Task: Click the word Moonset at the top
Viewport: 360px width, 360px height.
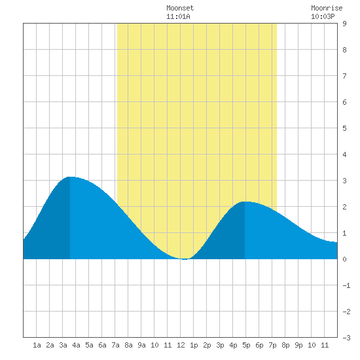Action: tap(180, 8)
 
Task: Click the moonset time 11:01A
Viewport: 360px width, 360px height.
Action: tap(178, 16)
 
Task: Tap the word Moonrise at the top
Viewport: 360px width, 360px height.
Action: tap(327, 8)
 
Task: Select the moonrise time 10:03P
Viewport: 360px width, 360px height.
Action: tap(323, 16)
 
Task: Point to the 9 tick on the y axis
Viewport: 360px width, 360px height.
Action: tap(344, 24)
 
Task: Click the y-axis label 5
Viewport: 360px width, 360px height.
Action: tap(344, 128)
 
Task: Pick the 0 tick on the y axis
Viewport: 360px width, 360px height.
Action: tap(344, 259)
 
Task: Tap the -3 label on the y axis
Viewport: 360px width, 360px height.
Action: tap(346, 338)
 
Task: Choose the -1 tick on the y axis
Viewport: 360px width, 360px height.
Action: tap(346, 285)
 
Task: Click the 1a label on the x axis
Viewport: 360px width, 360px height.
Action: tap(37, 345)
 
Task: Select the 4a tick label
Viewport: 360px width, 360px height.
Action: tap(76, 345)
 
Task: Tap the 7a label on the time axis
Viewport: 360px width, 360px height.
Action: tap(115, 345)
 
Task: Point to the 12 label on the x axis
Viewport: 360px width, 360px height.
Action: tap(181, 345)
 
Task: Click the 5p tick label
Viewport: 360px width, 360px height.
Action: tap(246, 345)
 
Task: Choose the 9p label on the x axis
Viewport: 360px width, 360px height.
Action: tap(298, 345)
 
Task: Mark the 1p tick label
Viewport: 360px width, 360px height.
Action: tap(194, 345)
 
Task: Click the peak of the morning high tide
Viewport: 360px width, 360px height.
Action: tap(70, 177)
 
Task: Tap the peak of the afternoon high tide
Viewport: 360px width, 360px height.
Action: tap(245, 202)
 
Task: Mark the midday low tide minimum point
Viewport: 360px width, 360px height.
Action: tap(185, 259)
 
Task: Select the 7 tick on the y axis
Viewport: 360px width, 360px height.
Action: tap(344, 76)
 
